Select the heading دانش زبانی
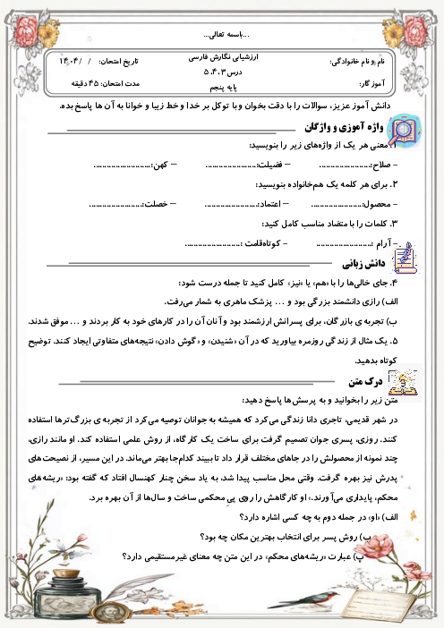pyautogui.click(x=361, y=264)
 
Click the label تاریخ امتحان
pyautogui.click(x=120, y=63)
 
